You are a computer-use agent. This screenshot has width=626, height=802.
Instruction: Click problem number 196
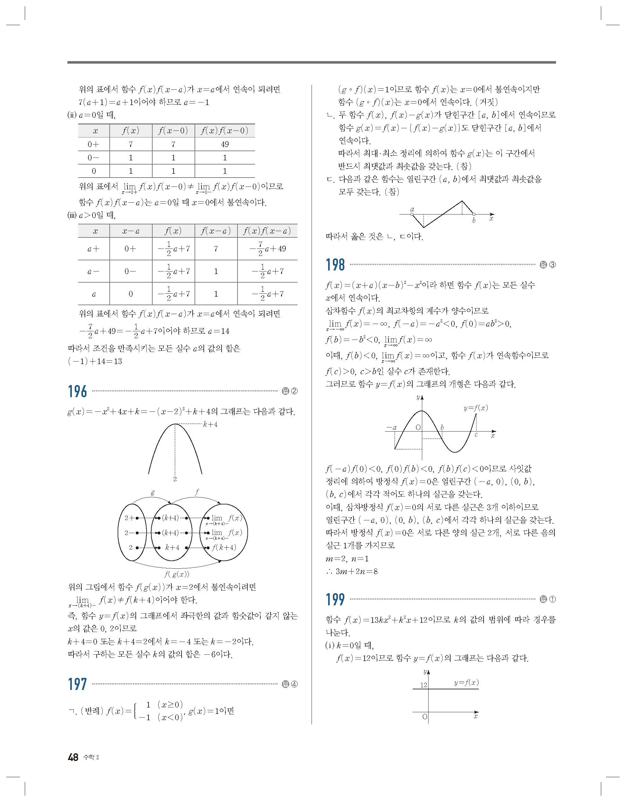coord(78,391)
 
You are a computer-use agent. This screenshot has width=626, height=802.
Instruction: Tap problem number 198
coord(335,265)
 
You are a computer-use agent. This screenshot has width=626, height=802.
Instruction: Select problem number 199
coord(335,600)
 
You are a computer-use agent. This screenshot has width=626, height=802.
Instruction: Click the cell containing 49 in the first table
coord(224,144)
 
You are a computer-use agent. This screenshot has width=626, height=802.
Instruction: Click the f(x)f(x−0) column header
coord(224,131)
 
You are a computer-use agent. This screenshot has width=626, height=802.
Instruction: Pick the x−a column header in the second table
coord(131,231)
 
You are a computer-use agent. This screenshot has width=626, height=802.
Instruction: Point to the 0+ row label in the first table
coord(93,144)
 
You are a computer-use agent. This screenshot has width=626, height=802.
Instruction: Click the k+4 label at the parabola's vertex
coord(210,425)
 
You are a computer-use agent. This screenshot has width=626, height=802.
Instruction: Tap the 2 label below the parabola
coord(175,479)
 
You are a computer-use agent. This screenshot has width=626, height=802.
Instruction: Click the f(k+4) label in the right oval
coord(224,547)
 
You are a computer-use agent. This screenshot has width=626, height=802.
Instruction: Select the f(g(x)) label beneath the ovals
coord(176,574)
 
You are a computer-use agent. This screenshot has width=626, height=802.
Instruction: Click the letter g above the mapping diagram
coord(153,492)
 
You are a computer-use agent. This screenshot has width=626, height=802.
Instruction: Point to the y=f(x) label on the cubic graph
coord(476,408)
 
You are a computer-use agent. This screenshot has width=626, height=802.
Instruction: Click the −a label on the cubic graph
coord(391,427)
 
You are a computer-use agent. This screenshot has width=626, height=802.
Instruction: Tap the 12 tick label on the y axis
coord(424,685)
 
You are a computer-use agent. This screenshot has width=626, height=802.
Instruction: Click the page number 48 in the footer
coord(73,757)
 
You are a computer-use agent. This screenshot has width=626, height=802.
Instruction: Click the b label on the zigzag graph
coord(474,221)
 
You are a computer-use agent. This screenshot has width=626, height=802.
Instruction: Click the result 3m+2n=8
coord(356,571)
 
